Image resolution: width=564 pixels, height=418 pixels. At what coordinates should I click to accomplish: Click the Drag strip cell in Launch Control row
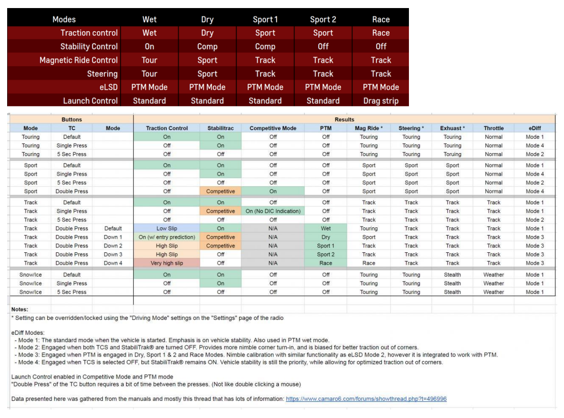point(380,101)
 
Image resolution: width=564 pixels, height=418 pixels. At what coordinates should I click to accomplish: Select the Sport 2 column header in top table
point(323,20)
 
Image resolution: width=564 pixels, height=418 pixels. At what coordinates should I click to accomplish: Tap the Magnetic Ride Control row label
point(79,60)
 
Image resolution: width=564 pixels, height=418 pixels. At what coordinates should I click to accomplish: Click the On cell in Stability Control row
point(149,47)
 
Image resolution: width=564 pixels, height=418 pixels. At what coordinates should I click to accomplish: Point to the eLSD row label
point(108,87)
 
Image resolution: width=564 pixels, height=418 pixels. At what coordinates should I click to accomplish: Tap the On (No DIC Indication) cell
point(273,211)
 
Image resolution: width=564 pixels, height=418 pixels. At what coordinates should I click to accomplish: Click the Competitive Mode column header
point(273,128)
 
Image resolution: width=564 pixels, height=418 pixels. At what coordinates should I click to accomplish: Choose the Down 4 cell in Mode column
point(113,263)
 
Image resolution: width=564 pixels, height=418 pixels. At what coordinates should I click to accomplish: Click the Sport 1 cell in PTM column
point(325,246)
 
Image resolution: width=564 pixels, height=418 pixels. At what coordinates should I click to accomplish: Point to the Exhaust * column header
point(452,128)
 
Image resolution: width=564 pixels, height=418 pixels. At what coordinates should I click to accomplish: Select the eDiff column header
point(535,128)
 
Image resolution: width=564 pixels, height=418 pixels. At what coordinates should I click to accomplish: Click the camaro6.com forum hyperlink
point(366,399)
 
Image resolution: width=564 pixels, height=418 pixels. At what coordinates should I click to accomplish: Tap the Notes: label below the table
point(20,309)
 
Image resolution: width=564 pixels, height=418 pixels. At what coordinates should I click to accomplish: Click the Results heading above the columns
point(344,120)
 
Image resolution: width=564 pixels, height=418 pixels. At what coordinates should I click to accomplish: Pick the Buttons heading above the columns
point(72,120)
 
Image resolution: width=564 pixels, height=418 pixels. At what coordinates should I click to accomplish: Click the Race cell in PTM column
point(325,263)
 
